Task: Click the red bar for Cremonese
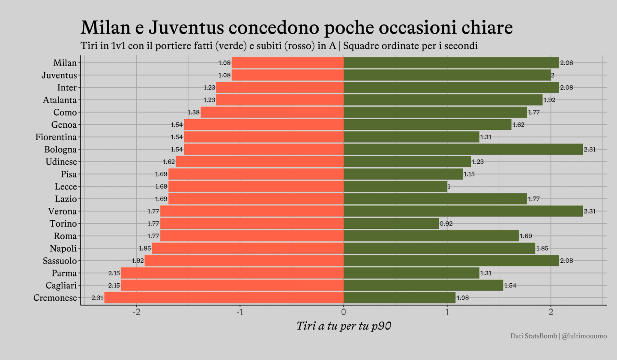click(x=224, y=298)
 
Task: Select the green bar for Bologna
click(x=463, y=150)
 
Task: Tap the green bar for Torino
click(x=391, y=224)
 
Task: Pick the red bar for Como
click(x=272, y=112)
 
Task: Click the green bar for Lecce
click(x=395, y=187)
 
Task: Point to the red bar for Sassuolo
click(x=244, y=261)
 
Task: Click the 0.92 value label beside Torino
click(x=446, y=224)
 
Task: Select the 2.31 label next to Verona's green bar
click(x=590, y=211)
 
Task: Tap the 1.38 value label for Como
click(x=194, y=112)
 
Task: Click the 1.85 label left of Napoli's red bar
click(x=145, y=249)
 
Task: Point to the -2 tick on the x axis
click(x=136, y=312)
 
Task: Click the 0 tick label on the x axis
click(x=344, y=312)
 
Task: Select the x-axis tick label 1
click(x=447, y=312)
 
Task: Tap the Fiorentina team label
click(x=56, y=137)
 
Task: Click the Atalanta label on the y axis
click(x=60, y=100)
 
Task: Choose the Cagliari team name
click(x=61, y=285)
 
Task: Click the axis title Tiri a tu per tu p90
click(x=344, y=326)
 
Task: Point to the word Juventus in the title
click(x=186, y=27)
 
